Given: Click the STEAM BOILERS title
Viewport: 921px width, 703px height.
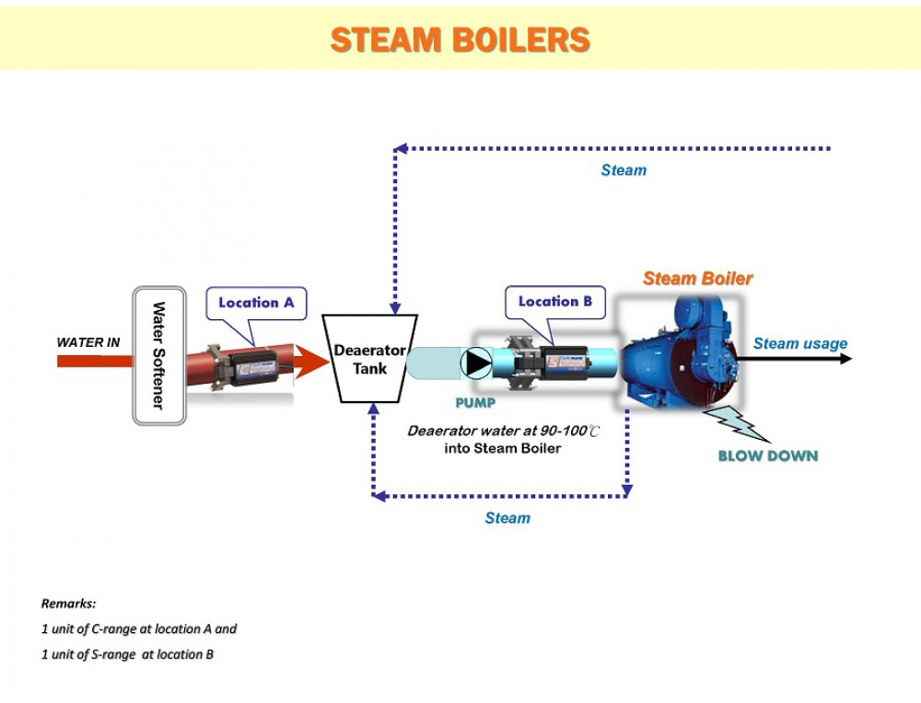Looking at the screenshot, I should (x=460, y=40).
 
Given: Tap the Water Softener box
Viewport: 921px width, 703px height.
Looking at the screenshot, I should (x=159, y=355).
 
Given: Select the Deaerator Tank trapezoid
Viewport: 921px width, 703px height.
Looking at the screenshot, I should (x=369, y=359).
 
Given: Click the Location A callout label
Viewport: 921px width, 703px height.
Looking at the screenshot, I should (x=256, y=303).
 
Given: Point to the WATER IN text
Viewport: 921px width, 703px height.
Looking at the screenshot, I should (x=88, y=342).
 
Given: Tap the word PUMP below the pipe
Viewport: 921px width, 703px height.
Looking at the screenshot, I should (x=475, y=403).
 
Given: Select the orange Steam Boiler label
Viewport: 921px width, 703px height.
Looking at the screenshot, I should (x=697, y=278).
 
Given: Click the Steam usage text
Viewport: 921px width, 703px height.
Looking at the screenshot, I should (x=800, y=343).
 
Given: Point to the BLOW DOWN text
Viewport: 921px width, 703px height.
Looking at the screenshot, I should (x=767, y=455).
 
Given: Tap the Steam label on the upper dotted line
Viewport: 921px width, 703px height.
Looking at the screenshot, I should (x=624, y=170).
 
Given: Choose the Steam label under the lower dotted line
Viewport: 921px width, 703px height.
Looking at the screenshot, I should (x=507, y=518).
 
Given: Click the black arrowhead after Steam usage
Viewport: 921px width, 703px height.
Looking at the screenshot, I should (x=845, y=359).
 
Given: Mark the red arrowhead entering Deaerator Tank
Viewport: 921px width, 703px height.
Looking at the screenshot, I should (x=313, y=360).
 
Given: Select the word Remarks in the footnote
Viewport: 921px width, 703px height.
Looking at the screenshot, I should (x=68, y=605).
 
